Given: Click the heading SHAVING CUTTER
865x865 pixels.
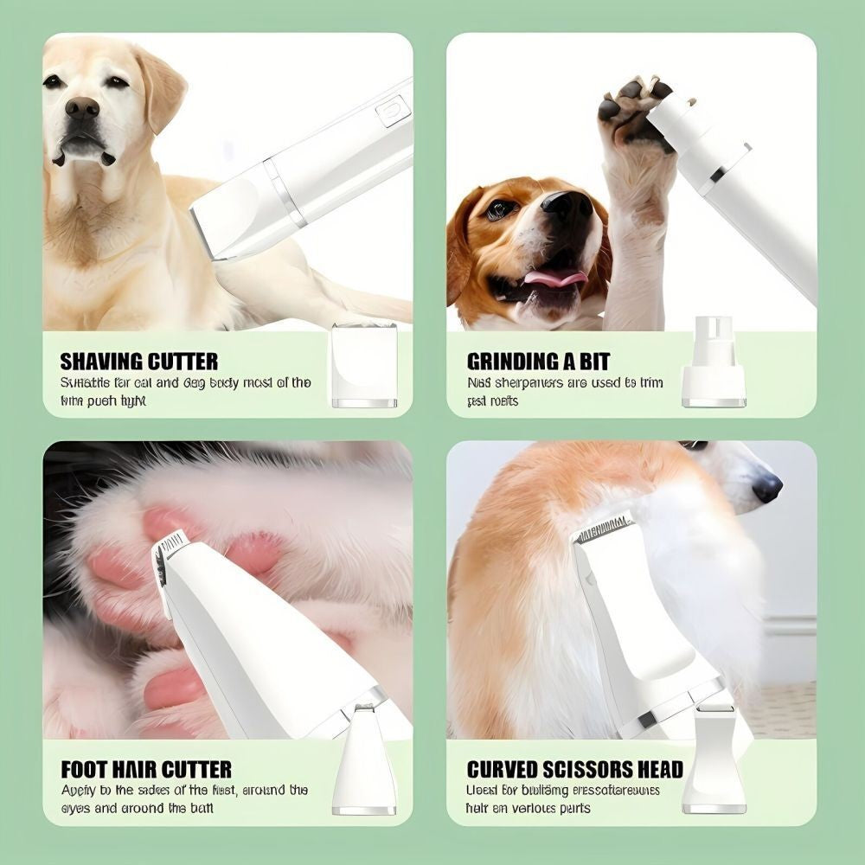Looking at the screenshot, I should click(138, 362).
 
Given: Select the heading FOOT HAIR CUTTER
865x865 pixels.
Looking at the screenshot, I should click(145, 769).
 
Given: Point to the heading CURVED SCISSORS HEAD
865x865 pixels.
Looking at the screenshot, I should click(574, 769).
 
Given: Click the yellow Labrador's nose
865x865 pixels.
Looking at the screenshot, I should click(82, 107).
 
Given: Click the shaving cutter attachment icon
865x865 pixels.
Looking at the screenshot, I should click(364, 365).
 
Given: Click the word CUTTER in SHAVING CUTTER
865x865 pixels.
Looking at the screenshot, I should click(181, 362).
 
